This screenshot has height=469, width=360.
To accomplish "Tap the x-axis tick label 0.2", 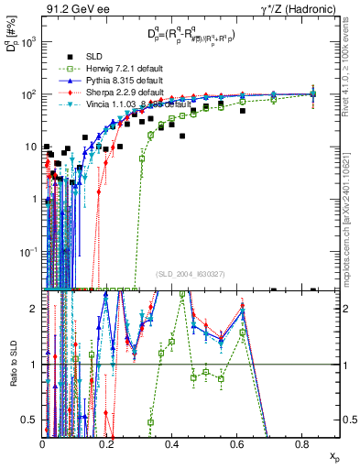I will point(107,445).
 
